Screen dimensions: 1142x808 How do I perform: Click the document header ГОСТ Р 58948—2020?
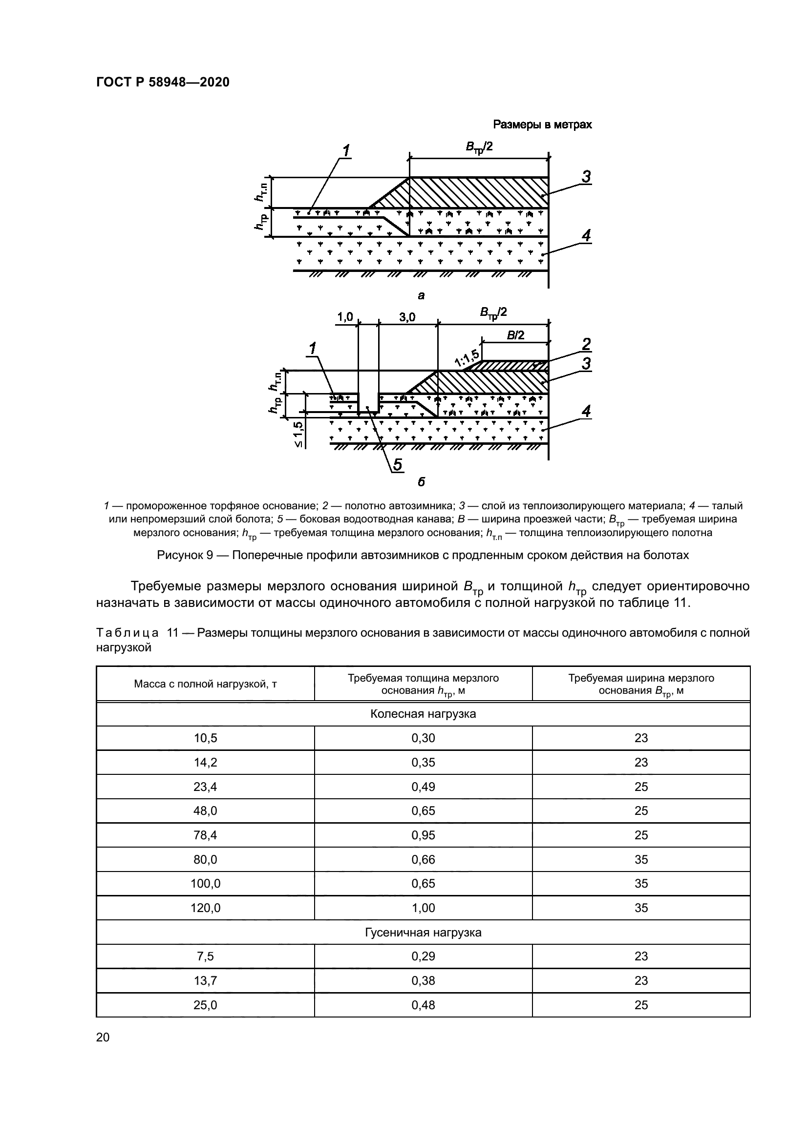tap(163, 83)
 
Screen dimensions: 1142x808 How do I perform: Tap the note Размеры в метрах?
tap(542, 125)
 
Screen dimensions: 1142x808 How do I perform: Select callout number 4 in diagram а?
tap(587, 235)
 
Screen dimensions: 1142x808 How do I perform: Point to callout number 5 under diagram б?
tap(398, 464)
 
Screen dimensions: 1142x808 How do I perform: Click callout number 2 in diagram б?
tap(587, 344)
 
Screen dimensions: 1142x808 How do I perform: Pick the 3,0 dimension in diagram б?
tap(407, 317)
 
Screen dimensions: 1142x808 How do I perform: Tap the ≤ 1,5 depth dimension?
tap(298, 434)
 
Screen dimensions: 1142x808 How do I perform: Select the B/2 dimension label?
tap(515, 335)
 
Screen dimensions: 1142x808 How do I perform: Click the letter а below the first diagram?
tap(421, 296)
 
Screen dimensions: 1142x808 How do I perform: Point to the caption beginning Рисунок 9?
tap(423, 555)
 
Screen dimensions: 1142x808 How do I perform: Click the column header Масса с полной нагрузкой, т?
tap(206, 684)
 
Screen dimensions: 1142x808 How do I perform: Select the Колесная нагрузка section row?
tap(423, 714)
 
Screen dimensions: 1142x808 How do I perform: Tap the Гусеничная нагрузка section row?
tap(423, 933)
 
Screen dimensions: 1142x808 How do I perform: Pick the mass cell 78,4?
tap(206, 835)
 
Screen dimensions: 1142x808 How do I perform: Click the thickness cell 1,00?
tap(423, 908)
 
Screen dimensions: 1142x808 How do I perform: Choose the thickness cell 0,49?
tap(423, 787)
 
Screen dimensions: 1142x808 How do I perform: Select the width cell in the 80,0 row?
tap(641, 859)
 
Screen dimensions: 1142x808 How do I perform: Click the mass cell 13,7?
tap(206, 980)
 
